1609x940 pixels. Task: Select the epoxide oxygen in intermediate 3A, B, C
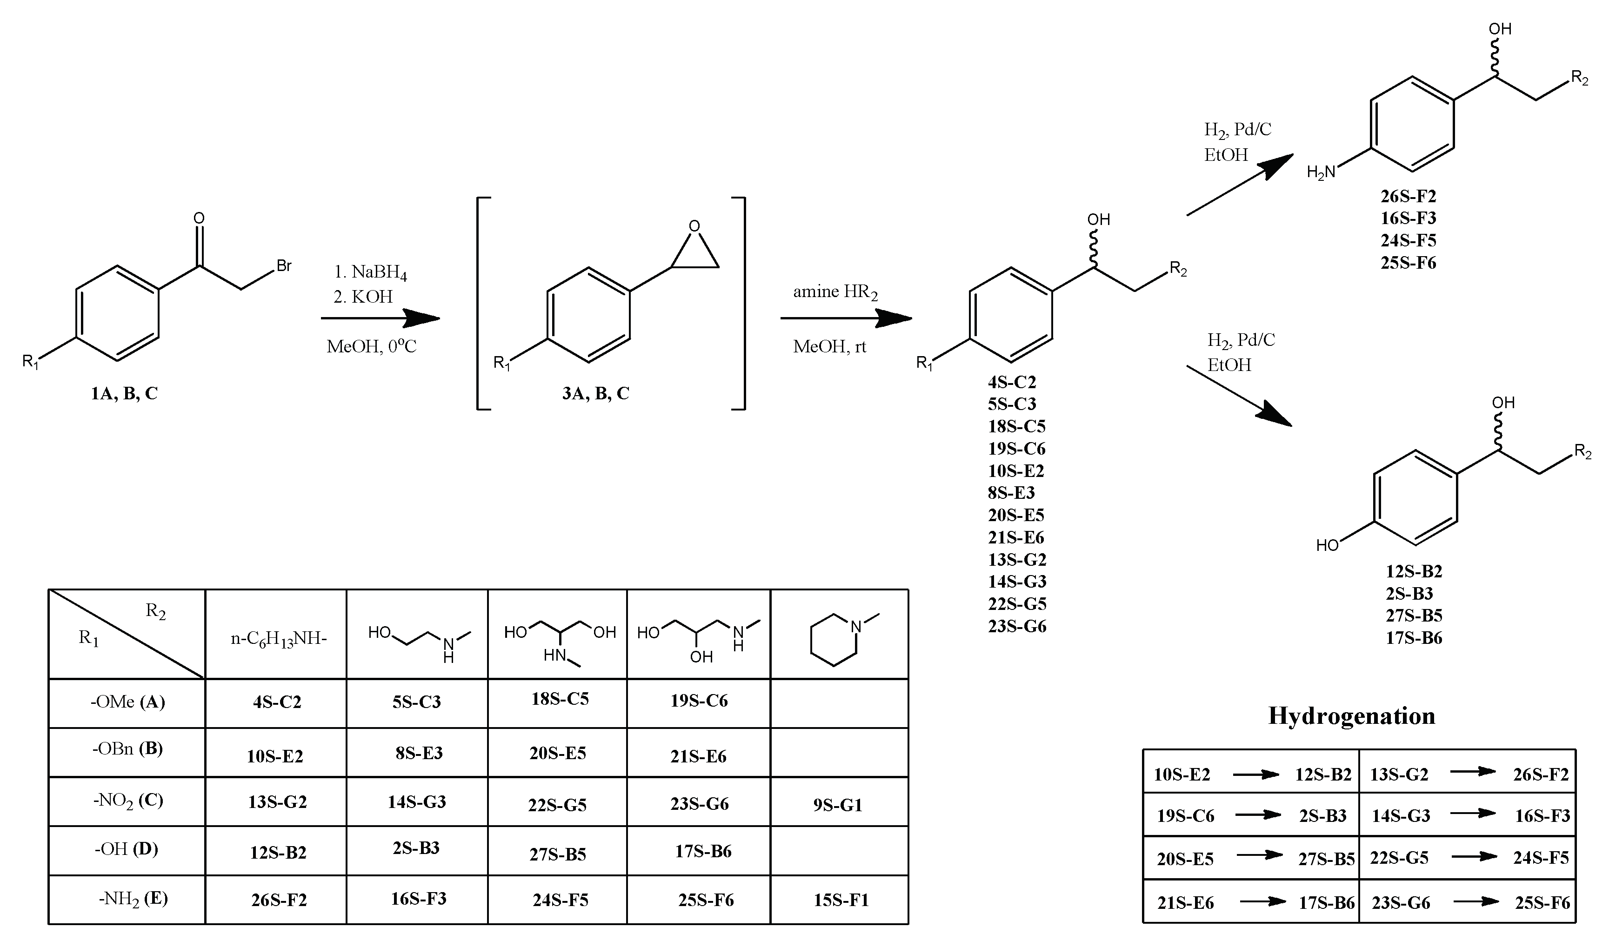tap(694, 226)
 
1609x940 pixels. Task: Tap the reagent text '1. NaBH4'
tap(370, 272)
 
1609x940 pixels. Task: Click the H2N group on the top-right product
tap(1321, 172)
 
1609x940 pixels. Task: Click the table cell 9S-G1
tap(838, 805)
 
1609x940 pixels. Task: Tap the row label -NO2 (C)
tap(128, 800)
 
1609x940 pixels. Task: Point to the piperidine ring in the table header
tap(835, 640)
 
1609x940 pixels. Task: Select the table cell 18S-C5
tap(560, 699)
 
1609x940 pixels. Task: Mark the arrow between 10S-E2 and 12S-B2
tap(1255, 775)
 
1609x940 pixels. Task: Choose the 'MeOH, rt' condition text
tap(829, 346)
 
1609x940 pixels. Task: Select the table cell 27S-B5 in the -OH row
tap(557, 854)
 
